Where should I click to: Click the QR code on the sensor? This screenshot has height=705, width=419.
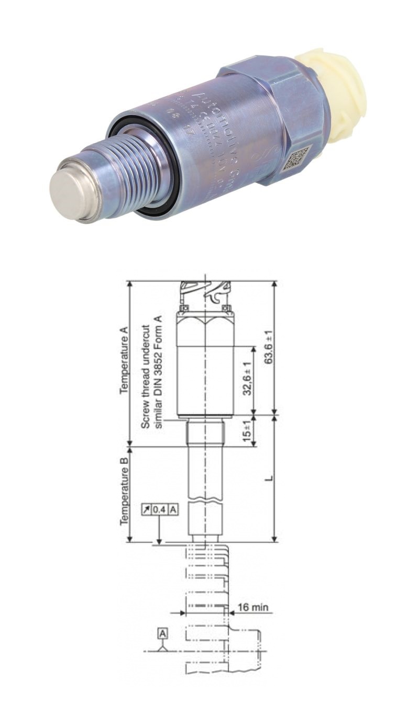pyautogui.click(x=296, y=158)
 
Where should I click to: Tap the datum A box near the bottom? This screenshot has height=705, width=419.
pyautogui.click(x=163, y=633)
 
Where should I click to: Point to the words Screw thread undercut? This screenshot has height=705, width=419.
pyautogui.click(x=147, y=377)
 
